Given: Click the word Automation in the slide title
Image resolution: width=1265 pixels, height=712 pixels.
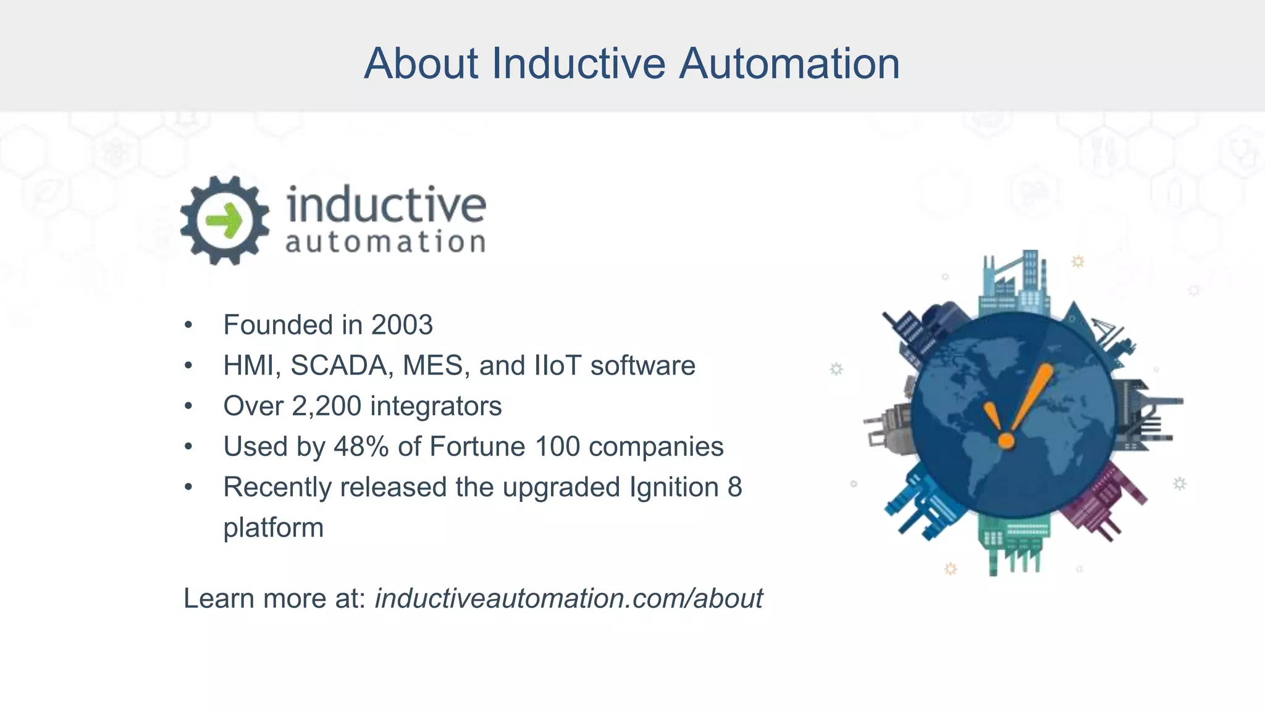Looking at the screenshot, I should click(x=789, y=64).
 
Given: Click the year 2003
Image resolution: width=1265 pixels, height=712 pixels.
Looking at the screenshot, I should click(x=402, y=325).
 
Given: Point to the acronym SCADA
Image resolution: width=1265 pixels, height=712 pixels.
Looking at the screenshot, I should click(x=339, y=365).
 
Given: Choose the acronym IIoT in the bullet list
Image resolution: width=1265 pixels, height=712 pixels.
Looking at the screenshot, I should click(x=557, y=365).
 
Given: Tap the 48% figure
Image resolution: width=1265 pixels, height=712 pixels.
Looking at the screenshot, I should click(x=361, y=446).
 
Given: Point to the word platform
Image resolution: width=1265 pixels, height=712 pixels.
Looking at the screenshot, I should click(x=273, y=528).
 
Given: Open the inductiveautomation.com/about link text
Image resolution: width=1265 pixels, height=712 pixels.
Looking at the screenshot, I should click(x=568, y=598).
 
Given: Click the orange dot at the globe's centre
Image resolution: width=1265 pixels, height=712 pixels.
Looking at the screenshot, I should click(x=1006, y=441).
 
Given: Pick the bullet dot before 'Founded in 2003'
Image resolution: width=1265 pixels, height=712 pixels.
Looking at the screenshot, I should click(x=188, y=326).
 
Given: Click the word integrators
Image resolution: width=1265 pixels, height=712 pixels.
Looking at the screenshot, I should click(x=435, y=406).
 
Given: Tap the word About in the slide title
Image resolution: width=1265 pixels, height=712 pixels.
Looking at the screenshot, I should click(x=421, y=64).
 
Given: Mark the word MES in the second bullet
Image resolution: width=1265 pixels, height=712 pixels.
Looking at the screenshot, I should click(x=432, y=365).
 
